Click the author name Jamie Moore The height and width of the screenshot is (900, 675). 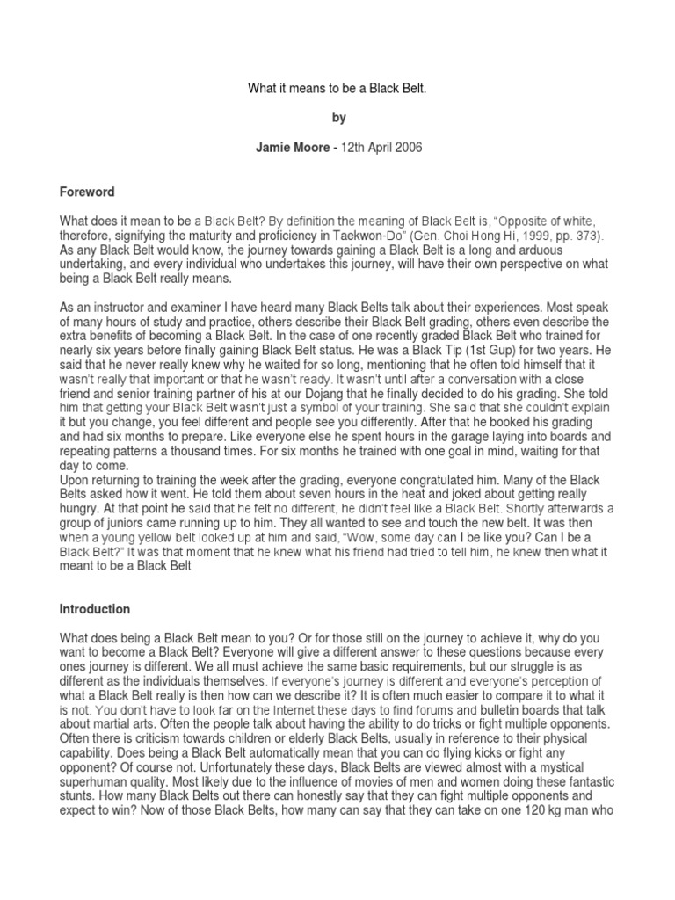tap(288, 148)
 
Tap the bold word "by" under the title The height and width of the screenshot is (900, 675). tap(337, 118)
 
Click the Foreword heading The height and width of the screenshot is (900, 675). tap(87, 192)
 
